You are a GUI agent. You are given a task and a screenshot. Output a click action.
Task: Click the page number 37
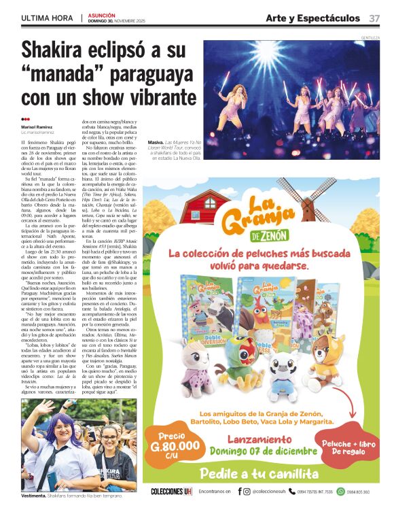click(374, 17)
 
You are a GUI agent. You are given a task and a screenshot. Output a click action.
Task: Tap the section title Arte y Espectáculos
click(312, 17)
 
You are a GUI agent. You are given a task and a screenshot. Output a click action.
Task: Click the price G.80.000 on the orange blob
click(175, 447)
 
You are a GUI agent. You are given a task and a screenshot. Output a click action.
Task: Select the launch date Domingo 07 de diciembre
click(269, 451)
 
